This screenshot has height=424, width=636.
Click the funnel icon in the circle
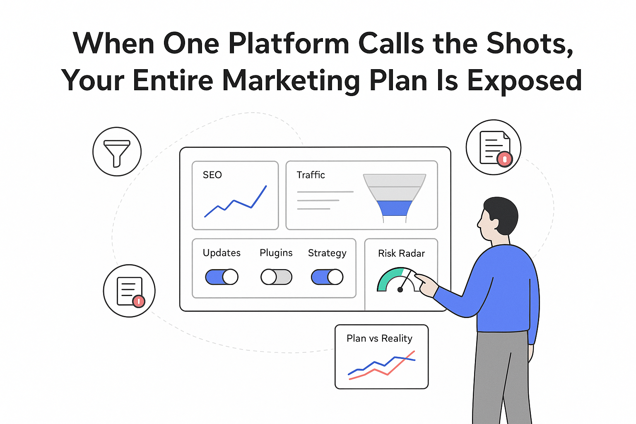[117, 152]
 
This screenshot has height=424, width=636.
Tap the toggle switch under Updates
[222, 277]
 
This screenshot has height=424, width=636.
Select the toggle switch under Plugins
[276, 277]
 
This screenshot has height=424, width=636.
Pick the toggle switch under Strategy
[327, 277]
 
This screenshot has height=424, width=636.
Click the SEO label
[212, 175]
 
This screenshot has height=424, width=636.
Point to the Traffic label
[311, 175]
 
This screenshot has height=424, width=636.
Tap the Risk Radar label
[401, 253]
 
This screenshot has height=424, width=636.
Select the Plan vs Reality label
[379, 338]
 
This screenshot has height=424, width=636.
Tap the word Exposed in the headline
[525, 80]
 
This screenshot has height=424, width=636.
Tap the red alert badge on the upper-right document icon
[504, 159]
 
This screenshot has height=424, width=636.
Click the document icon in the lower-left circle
[129, 291]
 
